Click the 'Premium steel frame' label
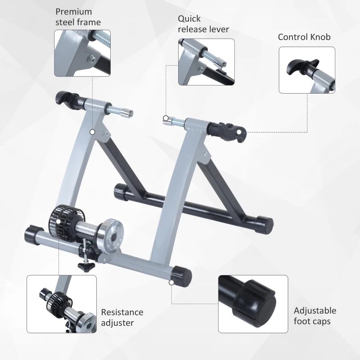coord(78,17)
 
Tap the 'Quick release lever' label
coord(203,24)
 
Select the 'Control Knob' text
coord(304,37)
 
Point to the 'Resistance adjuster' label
coord(122,317)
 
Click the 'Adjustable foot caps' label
coord(315,316)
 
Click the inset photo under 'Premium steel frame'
coord(82,53)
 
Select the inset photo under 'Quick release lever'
coord(206,62)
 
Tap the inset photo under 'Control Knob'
coord(307,70)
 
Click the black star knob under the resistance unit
coord(84,266)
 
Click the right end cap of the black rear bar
coord(263,223)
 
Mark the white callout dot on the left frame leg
coord(92,132)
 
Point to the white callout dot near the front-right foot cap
coord(171,283)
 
